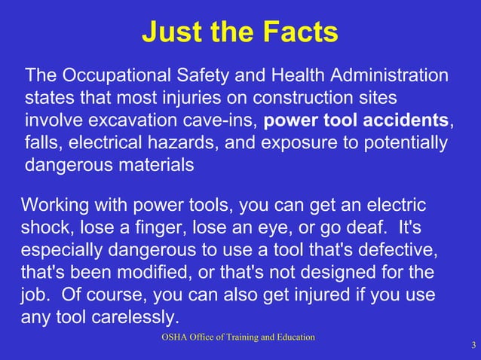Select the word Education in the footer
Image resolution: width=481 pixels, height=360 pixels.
coord(292,337)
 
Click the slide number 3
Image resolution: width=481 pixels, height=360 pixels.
coord(473,346)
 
